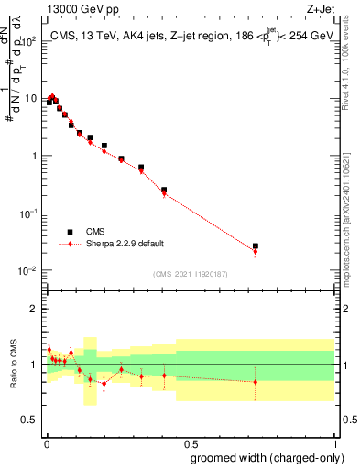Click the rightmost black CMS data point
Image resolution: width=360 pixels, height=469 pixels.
point(256,246)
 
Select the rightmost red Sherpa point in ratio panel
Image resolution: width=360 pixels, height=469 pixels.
point(256,382)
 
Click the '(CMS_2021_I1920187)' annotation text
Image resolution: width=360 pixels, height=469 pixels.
point(190,274)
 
